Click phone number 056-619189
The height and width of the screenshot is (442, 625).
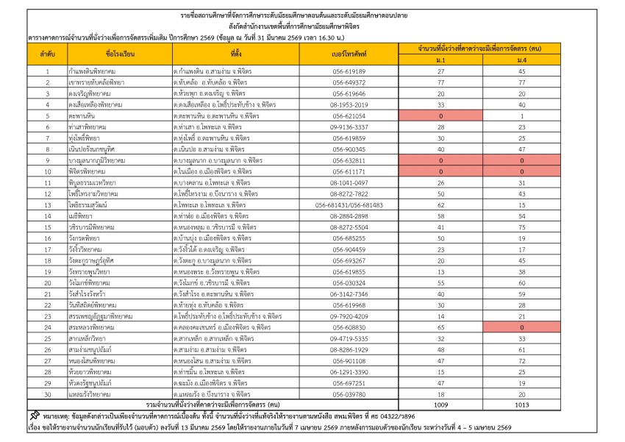[x=349, y=71]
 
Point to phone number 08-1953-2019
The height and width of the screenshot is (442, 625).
[x=349, y=104]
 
